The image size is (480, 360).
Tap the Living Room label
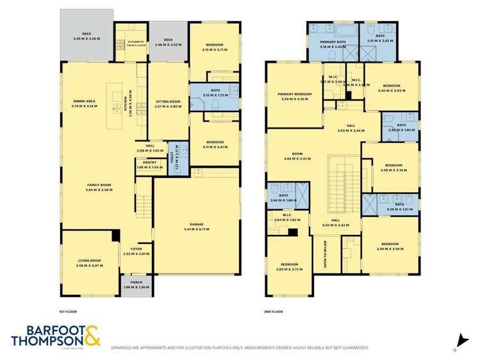pyautogui.click(x=88, y=262)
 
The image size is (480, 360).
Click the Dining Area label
pyautogui.click(x=84, y=102)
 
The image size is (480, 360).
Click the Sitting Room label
pyautogui.click(x=169, y=102)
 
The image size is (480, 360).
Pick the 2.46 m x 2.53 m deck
pyautogui.click(x=169, y=42)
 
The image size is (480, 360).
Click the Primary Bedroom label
pyautogui.click(x=294, y=96)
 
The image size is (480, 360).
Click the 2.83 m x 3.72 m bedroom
pyautogui.click(x=289, y=266)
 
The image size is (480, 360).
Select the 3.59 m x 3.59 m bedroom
pyautogui.click(x=390, y=246)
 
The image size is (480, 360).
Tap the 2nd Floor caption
pyautogui.click(x=274, y=311)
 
